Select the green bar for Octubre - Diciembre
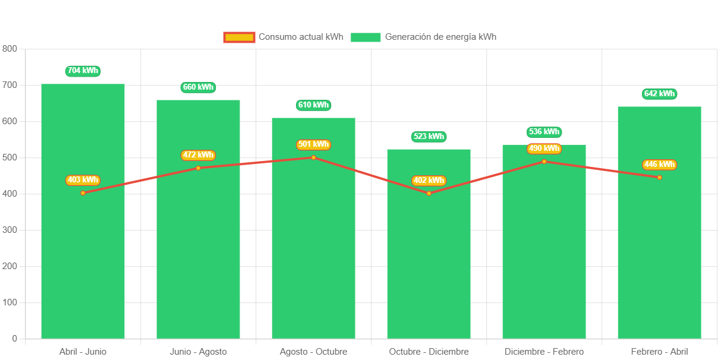coord(429,267)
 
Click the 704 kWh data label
coord(83,71)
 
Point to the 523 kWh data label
coord(429,137)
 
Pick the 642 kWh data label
coord(659,94)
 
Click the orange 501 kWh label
coord(313,144)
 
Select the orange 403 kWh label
coord(83,180)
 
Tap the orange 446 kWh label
coord(659,165)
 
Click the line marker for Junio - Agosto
coord(198,168)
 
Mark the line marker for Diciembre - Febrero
coord(544,162)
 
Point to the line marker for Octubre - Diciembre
coord(429,193)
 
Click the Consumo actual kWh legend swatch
coord(239,37)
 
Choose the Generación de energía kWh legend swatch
coord(365,37)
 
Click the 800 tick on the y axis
coord(10,48)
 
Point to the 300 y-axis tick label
coord(10,230)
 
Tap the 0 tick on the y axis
coord(14,339)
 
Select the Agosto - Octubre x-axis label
coord(313,352)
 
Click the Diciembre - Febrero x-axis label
coord(544,352)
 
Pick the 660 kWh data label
coord(198,87)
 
